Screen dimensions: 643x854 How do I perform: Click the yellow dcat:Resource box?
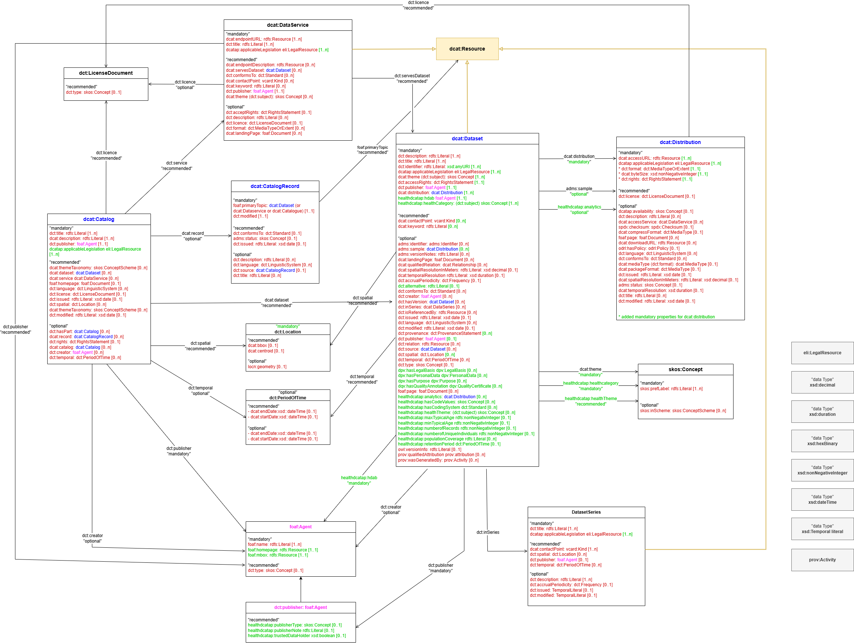[467, 49]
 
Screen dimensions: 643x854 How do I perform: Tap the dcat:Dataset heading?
[467, 138]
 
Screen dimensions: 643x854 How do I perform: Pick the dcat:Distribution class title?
[680, 142]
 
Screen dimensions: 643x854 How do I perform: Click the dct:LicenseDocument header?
[106, 73]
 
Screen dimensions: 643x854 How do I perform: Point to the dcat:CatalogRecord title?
[275, 186]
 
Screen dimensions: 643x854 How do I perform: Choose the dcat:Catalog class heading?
[99, 219]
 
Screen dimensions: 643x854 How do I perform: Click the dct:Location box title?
[287, 332]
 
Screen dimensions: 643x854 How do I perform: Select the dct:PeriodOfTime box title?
[287, 398]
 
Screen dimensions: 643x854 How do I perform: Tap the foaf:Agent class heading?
[300, 527]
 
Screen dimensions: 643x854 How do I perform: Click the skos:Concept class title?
[685, 370]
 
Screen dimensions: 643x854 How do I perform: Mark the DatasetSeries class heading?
[586, 512]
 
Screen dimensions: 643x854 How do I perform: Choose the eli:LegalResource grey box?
[823, 352]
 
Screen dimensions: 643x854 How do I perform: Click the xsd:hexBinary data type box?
[823, 441]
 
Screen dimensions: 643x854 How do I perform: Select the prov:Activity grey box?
[823, 559]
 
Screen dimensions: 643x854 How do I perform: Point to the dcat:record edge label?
[193, 236]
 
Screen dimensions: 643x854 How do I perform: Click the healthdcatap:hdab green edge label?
[359, 480]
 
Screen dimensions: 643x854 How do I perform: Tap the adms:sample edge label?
[579, 191]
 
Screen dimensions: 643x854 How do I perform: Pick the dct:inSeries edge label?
[488, 532]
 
